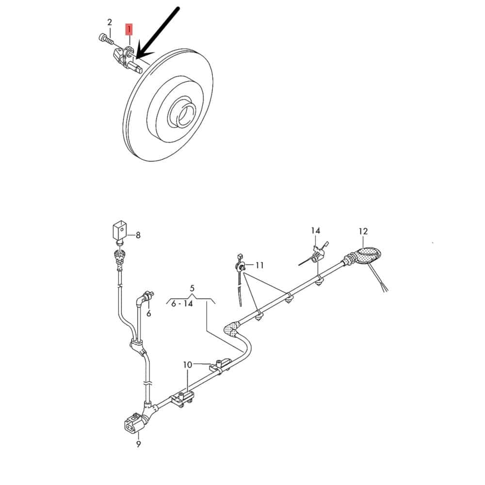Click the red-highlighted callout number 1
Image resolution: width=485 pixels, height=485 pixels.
point(129,29)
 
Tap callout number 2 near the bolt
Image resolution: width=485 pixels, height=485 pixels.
point(110,22)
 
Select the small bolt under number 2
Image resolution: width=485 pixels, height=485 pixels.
point(105,39)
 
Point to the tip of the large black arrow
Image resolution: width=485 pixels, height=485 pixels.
point(136,59)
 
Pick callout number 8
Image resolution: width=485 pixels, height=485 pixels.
point(138,235)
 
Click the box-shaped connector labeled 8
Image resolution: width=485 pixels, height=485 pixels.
point(119,230)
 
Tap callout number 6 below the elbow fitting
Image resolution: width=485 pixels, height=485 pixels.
point(149,313)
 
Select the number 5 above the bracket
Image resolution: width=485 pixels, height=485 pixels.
point(192,288)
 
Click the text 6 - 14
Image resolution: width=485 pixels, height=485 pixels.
point(182,304)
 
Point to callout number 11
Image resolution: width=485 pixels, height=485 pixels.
point(259,265)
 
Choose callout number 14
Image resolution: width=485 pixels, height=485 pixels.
point(316,230)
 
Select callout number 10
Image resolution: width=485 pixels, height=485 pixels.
point(187,365)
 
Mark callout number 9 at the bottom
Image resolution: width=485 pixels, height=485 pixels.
point(138,444)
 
